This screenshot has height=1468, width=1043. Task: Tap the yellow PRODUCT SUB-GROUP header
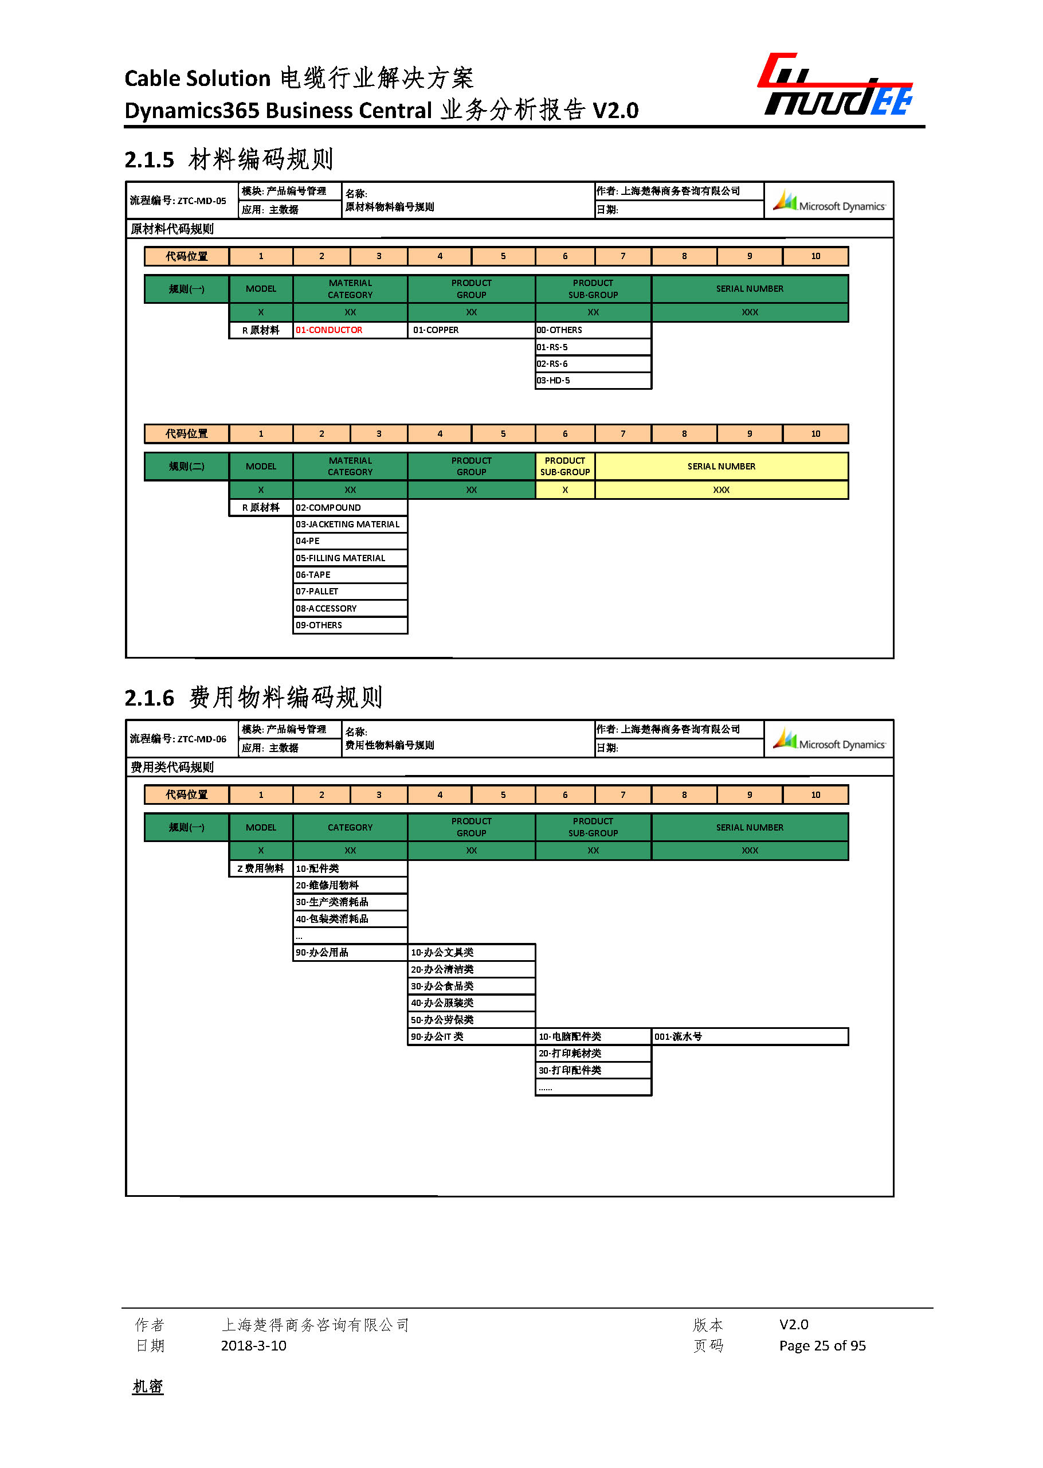point(564,467)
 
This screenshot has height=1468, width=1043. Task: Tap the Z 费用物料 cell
point(261,868)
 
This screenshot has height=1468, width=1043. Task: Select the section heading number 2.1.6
point(149,698)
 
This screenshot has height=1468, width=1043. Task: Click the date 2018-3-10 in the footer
point(253,1345)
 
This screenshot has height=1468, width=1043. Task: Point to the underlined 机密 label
point(148,1387)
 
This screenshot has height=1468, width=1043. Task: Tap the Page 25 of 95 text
point(822,1345)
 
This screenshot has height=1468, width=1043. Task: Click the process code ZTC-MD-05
point(202,201)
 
